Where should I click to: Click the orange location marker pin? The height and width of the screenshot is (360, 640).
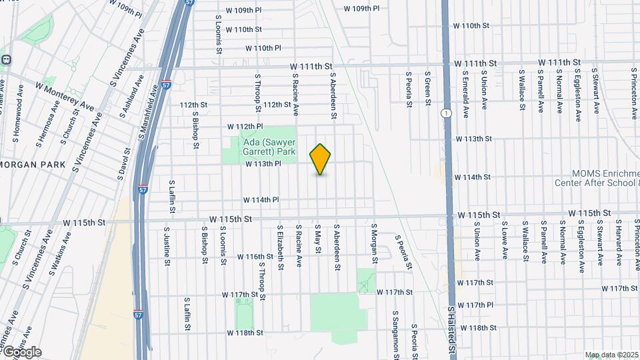321,159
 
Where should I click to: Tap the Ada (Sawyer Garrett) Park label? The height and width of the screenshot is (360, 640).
267,147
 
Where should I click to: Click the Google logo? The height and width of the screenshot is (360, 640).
21,351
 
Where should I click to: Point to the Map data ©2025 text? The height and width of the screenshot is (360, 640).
611,355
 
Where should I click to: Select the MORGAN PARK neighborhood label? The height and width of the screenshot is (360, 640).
32,164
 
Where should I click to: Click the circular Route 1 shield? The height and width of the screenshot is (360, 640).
445,114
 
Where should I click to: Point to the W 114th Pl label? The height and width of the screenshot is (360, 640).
261,199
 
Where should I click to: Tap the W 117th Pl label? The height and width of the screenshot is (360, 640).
475,305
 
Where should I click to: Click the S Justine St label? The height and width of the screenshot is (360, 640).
166,245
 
